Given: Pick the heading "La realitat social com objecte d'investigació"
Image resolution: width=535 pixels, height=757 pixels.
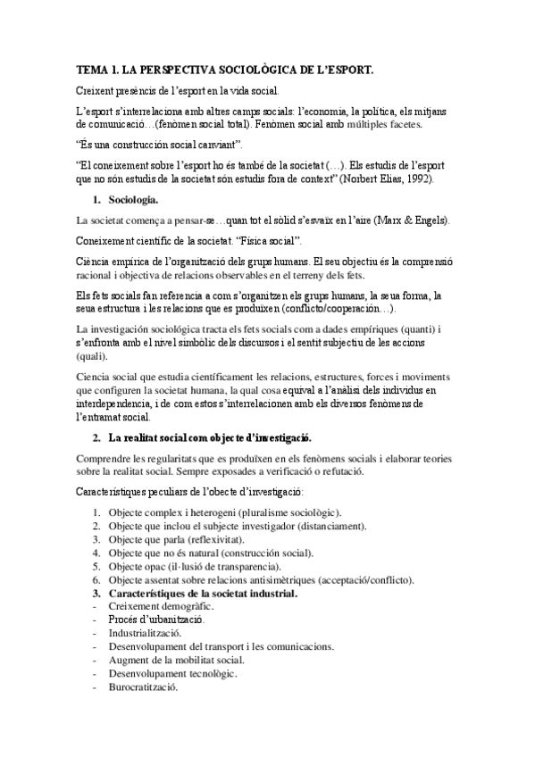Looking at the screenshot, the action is tap(209, 437).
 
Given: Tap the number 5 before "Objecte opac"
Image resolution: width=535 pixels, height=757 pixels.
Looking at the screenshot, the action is tap(96, 567).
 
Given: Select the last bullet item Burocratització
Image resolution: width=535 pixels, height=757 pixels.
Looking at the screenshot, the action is tap(142, 687).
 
